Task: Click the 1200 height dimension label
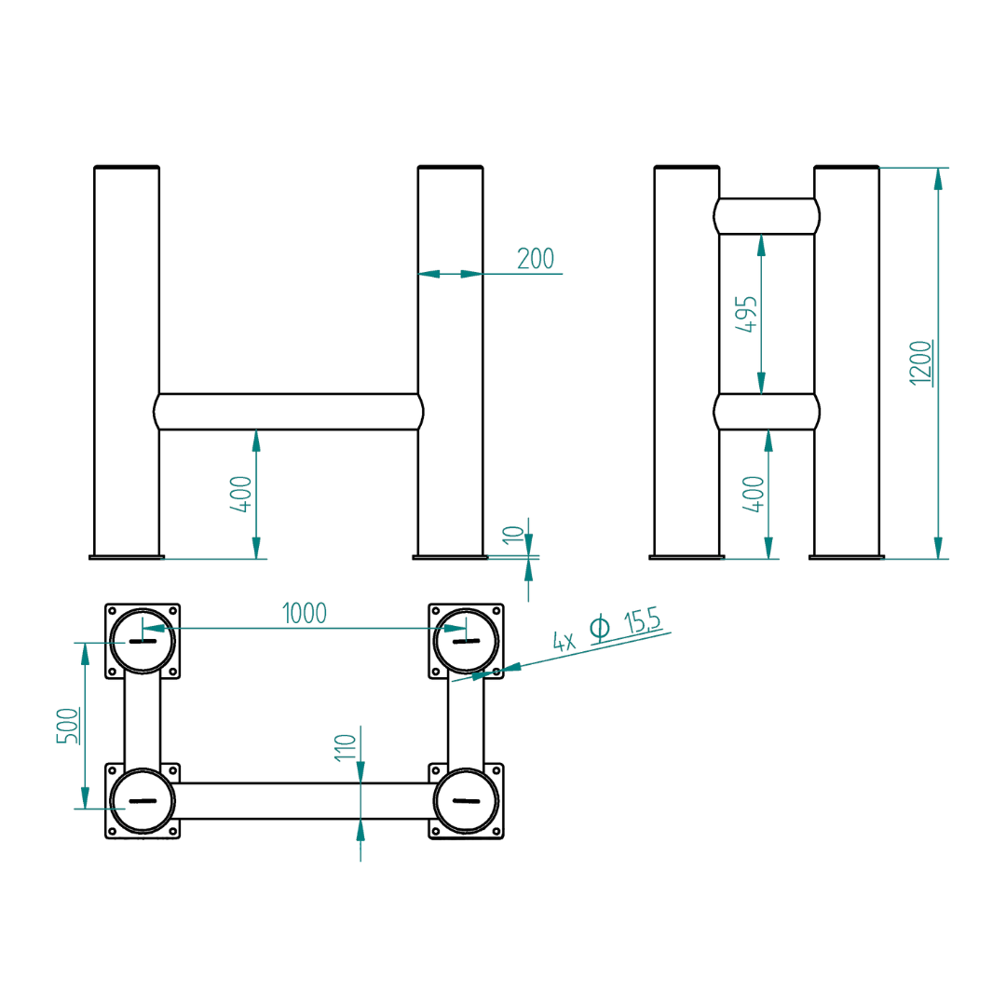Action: click(x=920, y=362)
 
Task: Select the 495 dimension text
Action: click(x=748, y=315)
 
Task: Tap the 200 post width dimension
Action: click(x=536, y=259)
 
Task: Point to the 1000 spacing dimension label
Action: click(x=305, y=613)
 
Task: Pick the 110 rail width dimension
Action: click(x=346, y=747)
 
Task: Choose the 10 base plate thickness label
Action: click(x=511, y=535)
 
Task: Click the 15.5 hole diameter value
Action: click(x=642, y=622)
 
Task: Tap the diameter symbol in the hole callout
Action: click(x=600, y=629)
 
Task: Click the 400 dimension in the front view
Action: click(x=241, y=494)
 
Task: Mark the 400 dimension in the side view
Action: click(x=754, y=494)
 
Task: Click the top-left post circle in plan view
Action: click(x=142, y=642)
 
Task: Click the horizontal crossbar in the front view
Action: click(x=289, y=412)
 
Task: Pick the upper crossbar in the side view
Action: click(x=768, y=216)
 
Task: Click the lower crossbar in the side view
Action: click(x=768, y=412)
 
